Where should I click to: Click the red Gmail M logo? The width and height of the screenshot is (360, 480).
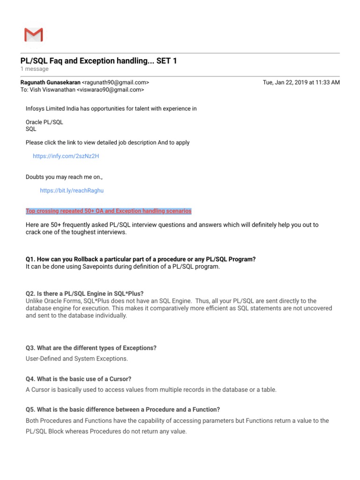click(33, 35)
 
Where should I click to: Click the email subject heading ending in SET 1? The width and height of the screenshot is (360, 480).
click(98, 61)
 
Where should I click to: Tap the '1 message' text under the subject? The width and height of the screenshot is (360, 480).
click(34, 69)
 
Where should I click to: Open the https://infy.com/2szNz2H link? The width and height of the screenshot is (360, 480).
click(66, 156)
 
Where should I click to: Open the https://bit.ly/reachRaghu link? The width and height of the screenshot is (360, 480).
click(72, 191)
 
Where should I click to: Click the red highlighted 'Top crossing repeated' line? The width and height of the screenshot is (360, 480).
click(109, 211)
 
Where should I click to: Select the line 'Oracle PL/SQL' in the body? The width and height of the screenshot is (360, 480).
click(44, 122)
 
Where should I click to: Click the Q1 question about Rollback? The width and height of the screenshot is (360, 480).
click(141, 260)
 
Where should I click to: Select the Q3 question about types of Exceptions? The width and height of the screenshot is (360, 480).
click(91, 348)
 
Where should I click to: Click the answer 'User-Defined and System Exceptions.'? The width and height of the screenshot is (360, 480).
click(76, 359)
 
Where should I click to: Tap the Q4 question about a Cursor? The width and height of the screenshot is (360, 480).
click(78, 379)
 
